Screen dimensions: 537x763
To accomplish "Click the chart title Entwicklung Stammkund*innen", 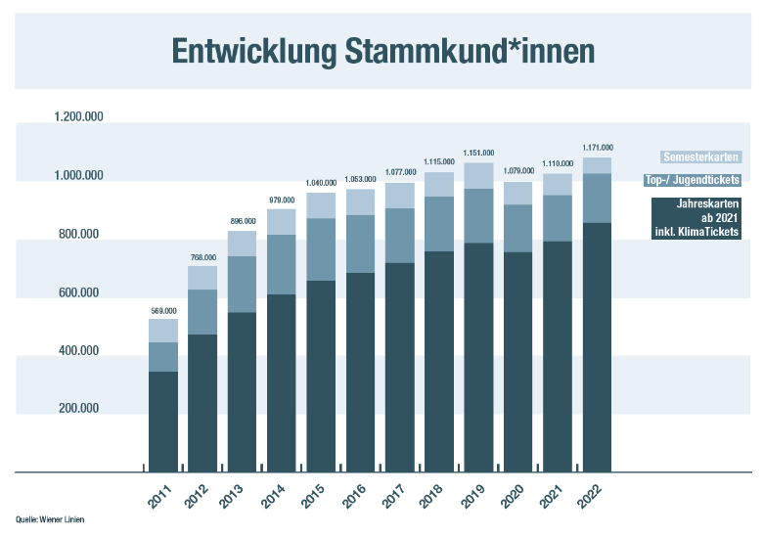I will [x=381, y=52].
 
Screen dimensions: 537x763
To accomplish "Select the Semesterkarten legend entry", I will [x=701, y=157].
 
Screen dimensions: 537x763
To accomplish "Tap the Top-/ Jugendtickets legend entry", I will [x=692, y=180].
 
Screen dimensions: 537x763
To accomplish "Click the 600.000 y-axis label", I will [x=77, y=292].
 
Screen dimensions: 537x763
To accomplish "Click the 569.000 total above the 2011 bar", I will [x=163, y=311].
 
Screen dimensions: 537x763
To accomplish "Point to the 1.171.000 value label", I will [x=597, y=148].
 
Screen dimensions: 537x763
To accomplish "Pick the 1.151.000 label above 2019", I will [x=478, y=154].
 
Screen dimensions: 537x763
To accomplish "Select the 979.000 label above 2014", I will [x=282, y=201].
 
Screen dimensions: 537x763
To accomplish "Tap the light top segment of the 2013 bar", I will [x=242, y=244].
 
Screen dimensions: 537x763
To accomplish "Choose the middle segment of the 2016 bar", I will [x=360, y=244].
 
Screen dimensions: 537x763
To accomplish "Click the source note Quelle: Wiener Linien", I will [x=50, y=518].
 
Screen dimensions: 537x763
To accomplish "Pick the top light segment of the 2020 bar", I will [x=517, y=193].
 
